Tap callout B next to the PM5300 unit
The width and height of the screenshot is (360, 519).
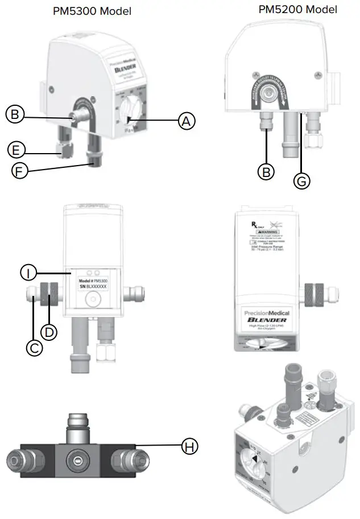[15, 114]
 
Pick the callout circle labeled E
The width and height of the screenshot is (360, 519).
[17, 150]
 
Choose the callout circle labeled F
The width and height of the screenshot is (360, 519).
[20, 171]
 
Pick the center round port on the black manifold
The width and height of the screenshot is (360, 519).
[76, 458]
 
